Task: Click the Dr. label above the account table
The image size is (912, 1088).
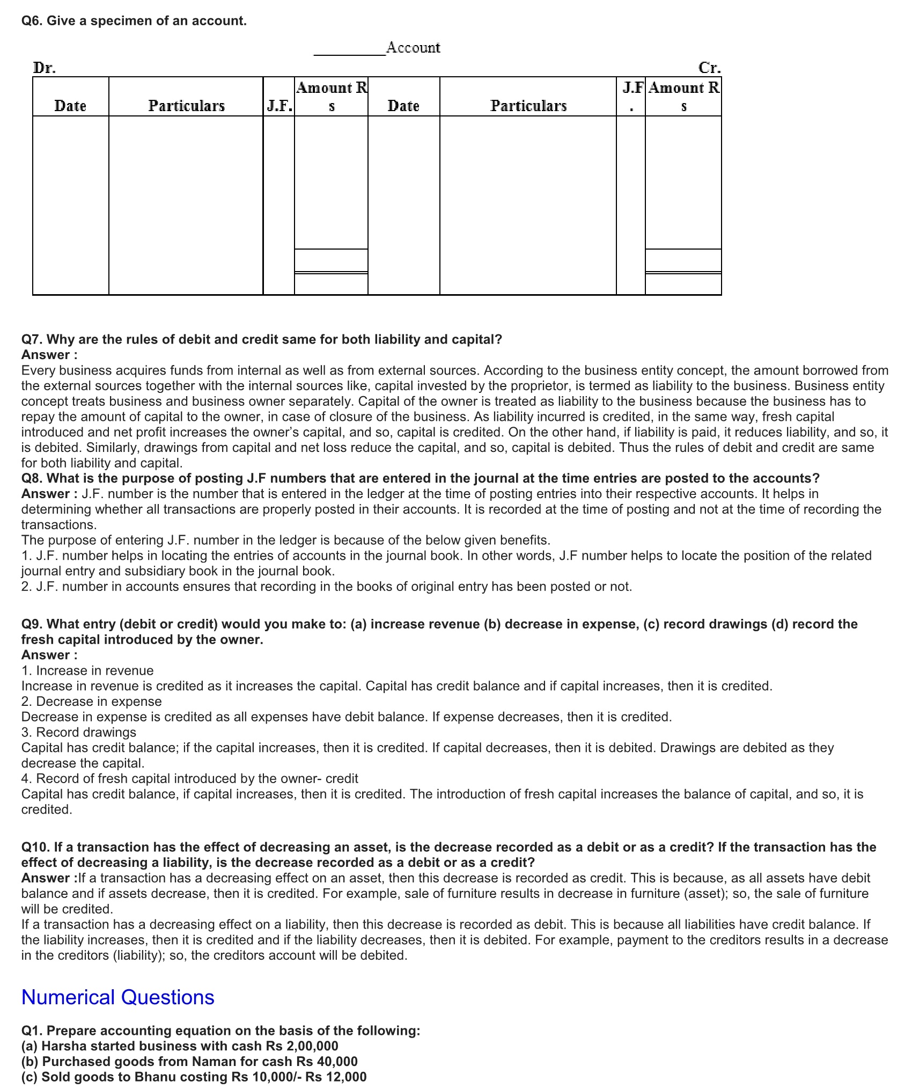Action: (45, 68)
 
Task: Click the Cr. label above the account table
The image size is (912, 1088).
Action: (710, 68)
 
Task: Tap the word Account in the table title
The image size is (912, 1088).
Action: (413, 48)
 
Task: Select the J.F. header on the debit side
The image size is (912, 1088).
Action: (279, 106)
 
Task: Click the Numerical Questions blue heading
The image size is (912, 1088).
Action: (117, 997)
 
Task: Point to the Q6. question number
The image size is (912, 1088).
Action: (32, 21)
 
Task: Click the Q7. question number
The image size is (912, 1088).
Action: (32, 339)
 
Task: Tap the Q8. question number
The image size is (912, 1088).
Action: (32, 478)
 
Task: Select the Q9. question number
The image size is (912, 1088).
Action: (32, 624)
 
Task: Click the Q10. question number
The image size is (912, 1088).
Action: (35, 847)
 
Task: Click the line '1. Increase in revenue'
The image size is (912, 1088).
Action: (87, 670)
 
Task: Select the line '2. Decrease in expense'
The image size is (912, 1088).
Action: (91, 702)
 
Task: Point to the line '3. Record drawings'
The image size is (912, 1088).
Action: (79, 732)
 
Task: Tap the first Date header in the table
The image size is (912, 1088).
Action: (70, 106)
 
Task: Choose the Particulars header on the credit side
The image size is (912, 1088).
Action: (528, 106)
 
